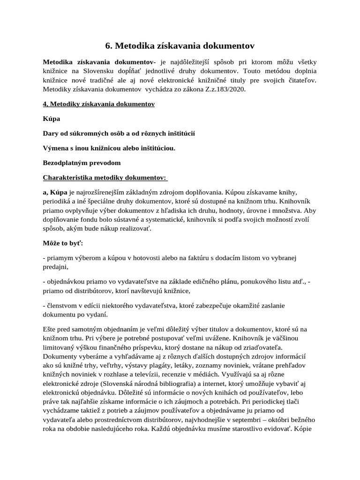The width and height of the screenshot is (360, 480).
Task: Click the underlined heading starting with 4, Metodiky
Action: coord(98,104)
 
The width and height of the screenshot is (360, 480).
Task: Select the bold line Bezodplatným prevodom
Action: coord(82,163)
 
